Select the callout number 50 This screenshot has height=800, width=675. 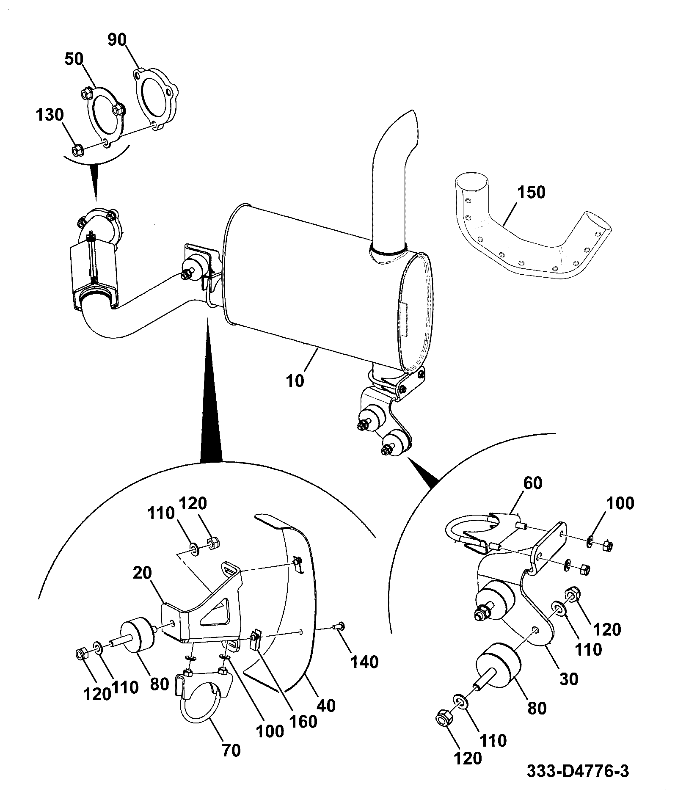(x=74, y=59)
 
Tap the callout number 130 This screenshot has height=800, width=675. (x=50, y=115)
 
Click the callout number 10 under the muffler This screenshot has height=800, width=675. (x=295, y=381)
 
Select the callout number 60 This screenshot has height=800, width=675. (x=532, y=483)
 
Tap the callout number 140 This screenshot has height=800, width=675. (x=365, y=662)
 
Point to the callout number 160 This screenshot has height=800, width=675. (x=303, y=722)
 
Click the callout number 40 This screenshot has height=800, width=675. (x=326, y=705)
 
